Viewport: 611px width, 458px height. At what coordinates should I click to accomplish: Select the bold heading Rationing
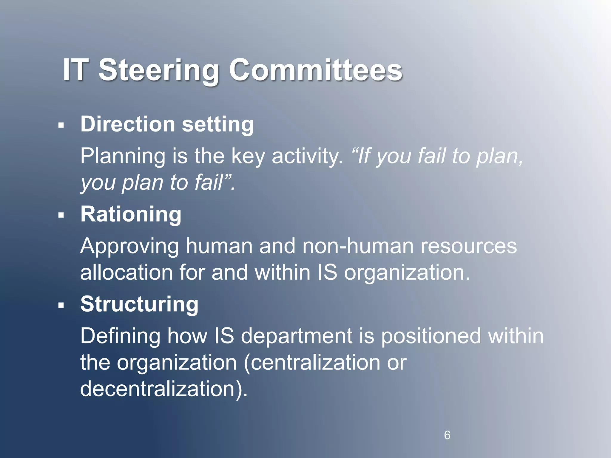[131, 215]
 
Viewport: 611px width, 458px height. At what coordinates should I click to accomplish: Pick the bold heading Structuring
[139, 304]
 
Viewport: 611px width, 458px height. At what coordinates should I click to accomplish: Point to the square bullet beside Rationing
[61, 215]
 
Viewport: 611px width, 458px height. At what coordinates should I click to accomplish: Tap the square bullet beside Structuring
[61, 305]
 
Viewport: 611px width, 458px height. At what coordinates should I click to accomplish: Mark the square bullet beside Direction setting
[61, 125]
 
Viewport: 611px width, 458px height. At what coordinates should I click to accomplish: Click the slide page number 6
[447, 435]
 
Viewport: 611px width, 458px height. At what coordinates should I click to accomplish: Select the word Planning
[123, 156]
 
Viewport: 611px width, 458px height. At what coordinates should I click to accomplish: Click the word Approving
[129, 246]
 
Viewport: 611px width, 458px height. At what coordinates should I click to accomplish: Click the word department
[297, 336]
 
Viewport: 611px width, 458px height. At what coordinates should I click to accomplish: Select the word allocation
[126, 273]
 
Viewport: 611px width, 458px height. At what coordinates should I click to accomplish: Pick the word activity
[307, 156]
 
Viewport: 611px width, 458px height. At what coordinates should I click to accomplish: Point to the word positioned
[431, 336]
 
